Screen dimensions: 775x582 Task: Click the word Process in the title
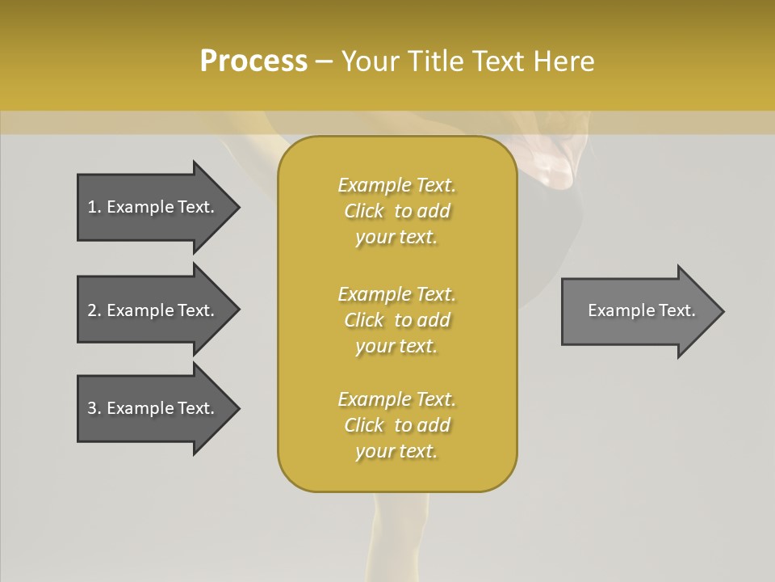[x=253, y=61]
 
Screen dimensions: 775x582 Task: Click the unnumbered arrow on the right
[x=641, y=310]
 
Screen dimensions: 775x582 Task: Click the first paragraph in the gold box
[x=396, y=211]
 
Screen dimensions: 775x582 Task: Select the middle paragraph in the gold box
[x=396, y=319]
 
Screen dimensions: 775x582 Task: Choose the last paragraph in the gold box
[x=396, y=425]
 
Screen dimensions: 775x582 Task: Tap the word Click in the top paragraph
[x=364, y=211]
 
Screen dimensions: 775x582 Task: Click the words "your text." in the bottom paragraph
[x=396, y=451]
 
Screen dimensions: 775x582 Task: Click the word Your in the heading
[x=369, y=61]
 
